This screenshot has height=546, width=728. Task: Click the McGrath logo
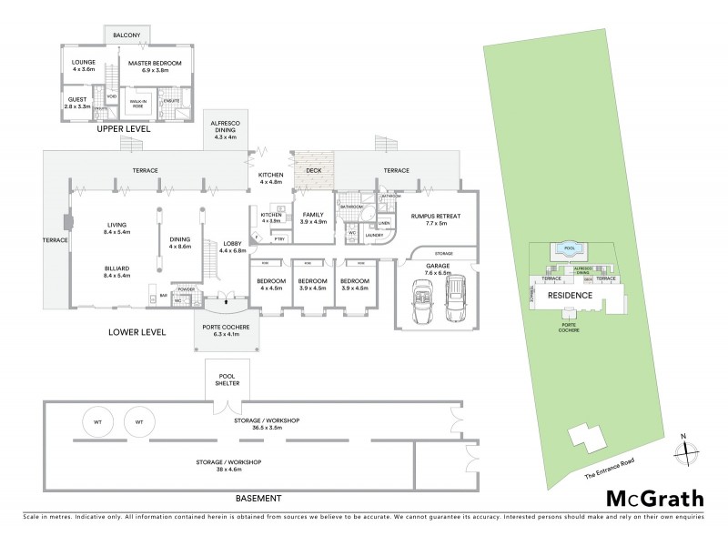pyautogui.click(x=655, y=498)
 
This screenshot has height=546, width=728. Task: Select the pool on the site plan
pyautogui.click(x=570, y=248)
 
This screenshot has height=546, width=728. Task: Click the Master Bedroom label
pyautogui.click(x=155, y=67)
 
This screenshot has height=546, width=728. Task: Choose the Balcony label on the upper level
pyautogui.click(x=126, y=35)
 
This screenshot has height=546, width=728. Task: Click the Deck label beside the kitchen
pyautogui.click(x=314, y=169)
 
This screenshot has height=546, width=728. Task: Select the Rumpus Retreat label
pyautogui.click(x=435, y=219)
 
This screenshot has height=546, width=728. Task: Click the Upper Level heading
pyautogui.click(x=125, y=129)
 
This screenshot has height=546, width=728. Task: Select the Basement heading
pyautogui.click(x=258, y=498)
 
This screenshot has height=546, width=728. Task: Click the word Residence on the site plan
pyautogui.click(x=569, y=296)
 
